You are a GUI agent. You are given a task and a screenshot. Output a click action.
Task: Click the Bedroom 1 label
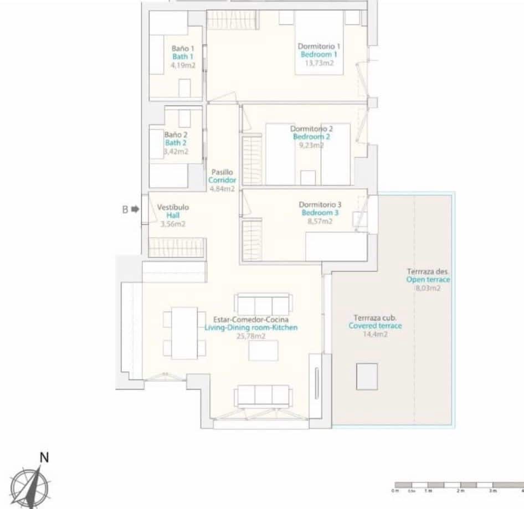pyautogui.click(x=318, y=55)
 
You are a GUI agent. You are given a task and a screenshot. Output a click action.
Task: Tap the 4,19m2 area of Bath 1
pyautogui.click(x=182, y=65)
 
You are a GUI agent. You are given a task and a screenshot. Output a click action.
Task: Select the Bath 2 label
pyautogui.click(x=176, y=142)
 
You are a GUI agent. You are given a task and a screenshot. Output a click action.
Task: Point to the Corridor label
pyautogui.click(x=222, y=181)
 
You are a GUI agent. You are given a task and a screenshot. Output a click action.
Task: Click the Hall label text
pyautogui.click(x=173, y=215)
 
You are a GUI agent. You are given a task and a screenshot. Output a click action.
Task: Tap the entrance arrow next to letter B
pyautogui.click(x=135, y=209)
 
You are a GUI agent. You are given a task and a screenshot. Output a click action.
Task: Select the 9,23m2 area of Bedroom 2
pyautogui.click(x=311, y=146)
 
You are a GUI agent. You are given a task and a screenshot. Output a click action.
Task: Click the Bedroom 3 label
pyautogui.click(x=320, y=213)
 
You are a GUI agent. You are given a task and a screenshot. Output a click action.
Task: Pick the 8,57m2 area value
pyautogui.click(x=320, y=222)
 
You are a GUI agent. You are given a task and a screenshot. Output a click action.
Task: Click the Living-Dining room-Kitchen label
pyautogui.click(x=251, y=328)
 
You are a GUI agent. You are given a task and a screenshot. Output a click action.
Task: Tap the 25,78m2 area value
pyautogui.click(x=251, y=336)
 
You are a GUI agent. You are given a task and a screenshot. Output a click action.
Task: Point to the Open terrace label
pyautogui.click(x=428, y=280)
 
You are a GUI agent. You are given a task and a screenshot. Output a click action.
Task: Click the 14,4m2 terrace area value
pyautogui.click(x=375, y=335)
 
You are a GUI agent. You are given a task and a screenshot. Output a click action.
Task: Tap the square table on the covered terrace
pyautogui.click(x=367, y=376)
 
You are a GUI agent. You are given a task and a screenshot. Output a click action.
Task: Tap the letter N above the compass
pyautogui.click(x=45, y=457)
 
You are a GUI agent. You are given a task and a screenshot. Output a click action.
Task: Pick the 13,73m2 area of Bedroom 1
pyautogui.click(x=319, y=63)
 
